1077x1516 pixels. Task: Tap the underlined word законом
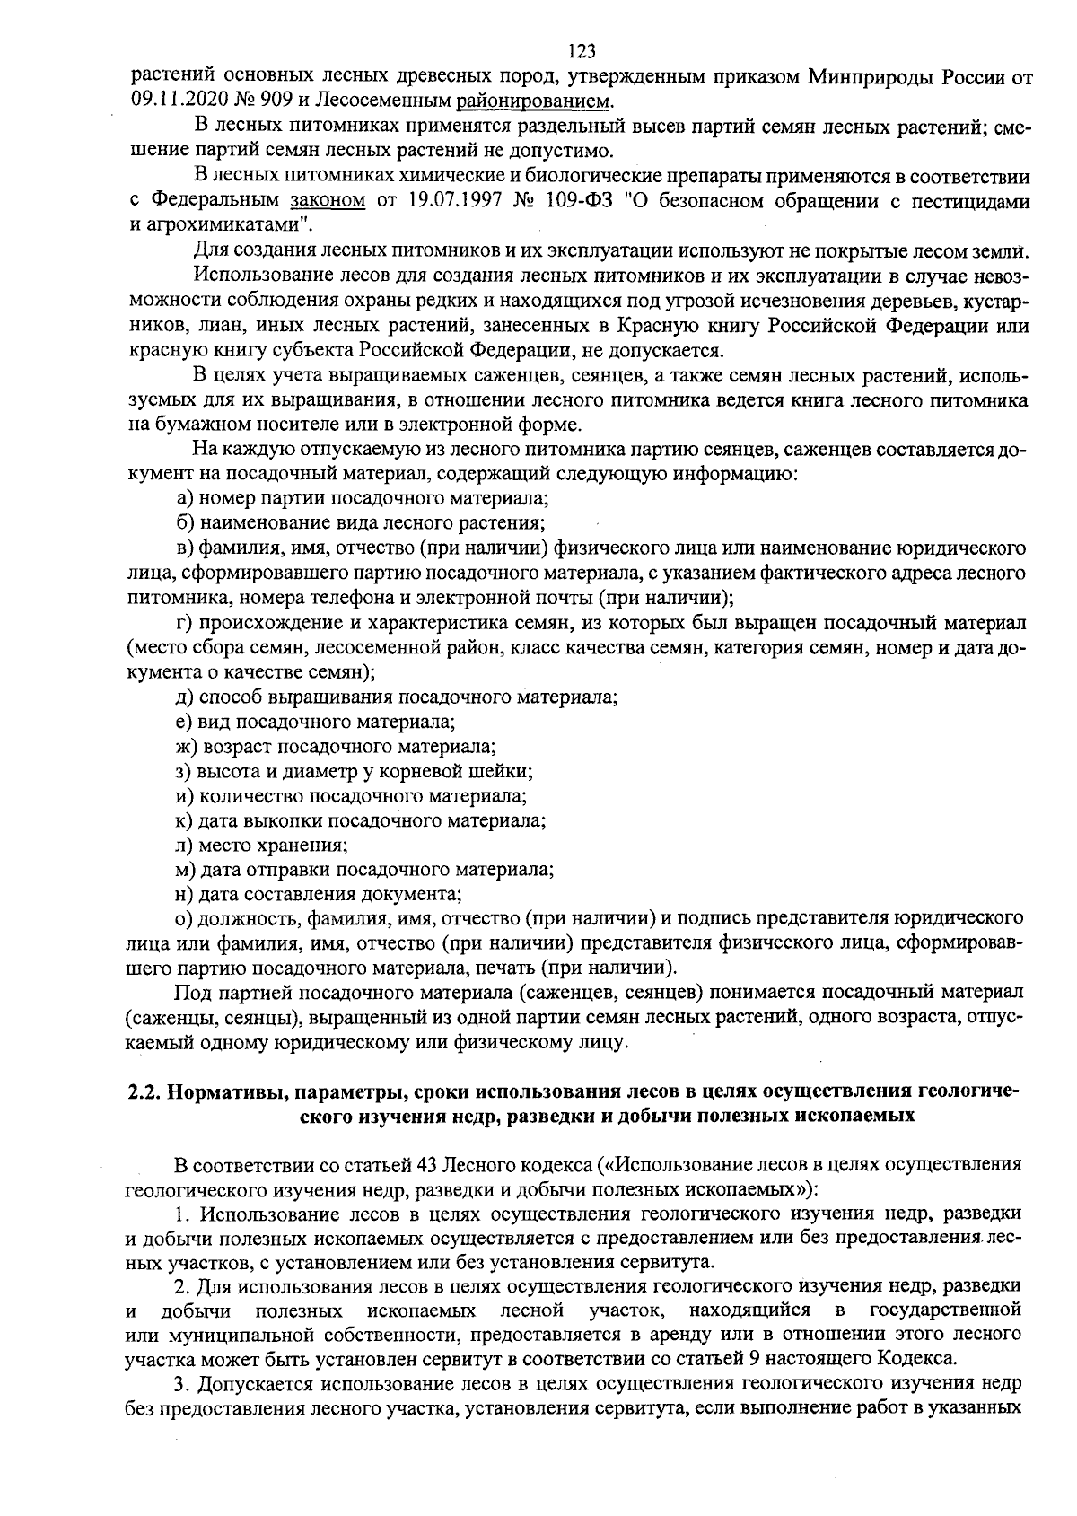[328, 200]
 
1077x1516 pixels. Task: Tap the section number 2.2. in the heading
[143, 1092]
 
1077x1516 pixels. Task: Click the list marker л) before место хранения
[185, 845]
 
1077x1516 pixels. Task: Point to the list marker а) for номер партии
[185, 497]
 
